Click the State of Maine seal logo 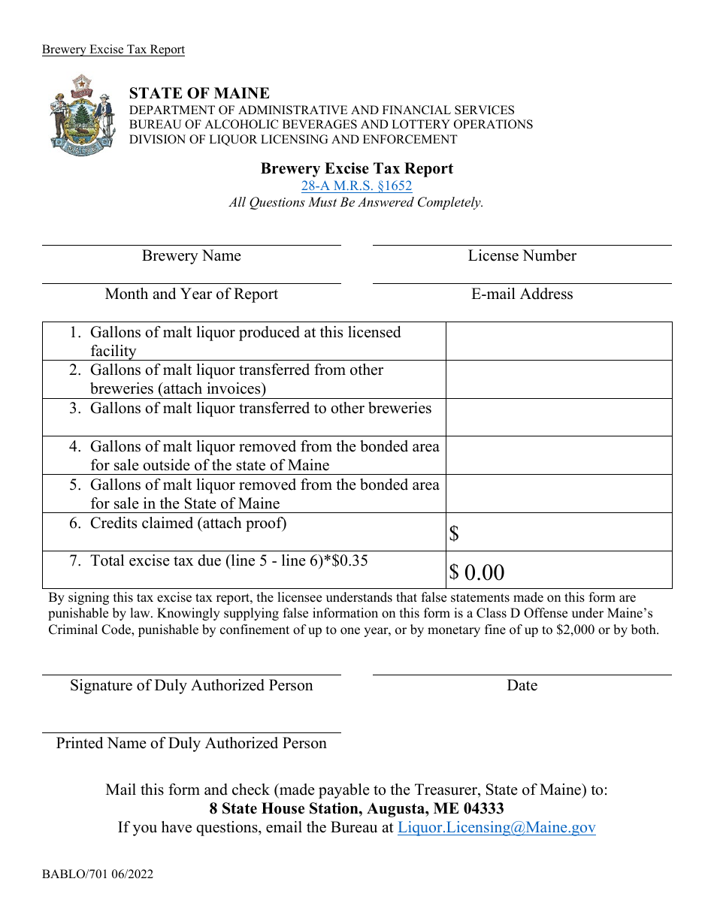pyautogui.click(x=83, y=115)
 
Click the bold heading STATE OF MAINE pyautogui.click(x=199, y=93)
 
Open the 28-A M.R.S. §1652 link pyautogui.click(x=357, y=186)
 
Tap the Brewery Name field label pyautogui.click(x=192, y=256)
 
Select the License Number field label pyautogui.click(x=522, y=256)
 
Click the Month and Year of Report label pyautogui.click(x=192, y=294)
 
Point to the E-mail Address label pyautogui.click(x=522, y=294)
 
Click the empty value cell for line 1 pyautogui.click(x=558, y=341)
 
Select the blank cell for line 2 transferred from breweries pyautogui.click(x=558, y=379)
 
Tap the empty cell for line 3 pyautogui.click(x=558, y=417)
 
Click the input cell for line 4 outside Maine pyautogui.click(x=558, y=455)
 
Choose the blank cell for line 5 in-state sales pyautogui.click(x=558, y=494)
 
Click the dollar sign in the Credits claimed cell pyautogui.click(x=454, y=534)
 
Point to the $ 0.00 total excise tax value pyautogui.click(x=477, y=572)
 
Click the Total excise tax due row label pyautogui.click(x=228, y=560)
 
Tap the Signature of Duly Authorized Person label pyautogui.click(x=192, y=685)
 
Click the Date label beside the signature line pyautogui.click(x=522, y=685)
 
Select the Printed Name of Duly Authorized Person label pyautogui.click(x=192, y=743)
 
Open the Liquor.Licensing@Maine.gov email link pyautogui.click(x=496, y=828)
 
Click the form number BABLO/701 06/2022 pyautogui.click(x=98, y=874)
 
